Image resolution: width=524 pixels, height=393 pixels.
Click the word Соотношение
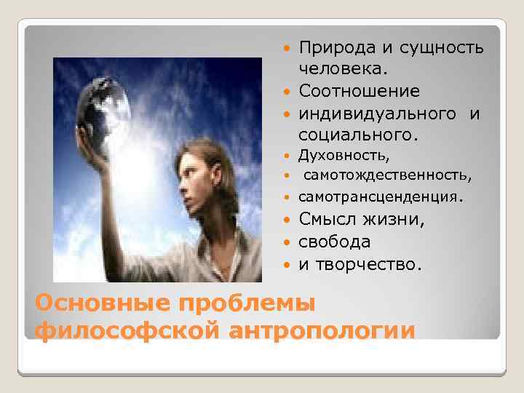coord(359,92)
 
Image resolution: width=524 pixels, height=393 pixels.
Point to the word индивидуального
coord(375,114)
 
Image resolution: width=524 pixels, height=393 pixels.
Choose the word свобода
coord(334,242)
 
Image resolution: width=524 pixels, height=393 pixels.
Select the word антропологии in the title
coord(322,329)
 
